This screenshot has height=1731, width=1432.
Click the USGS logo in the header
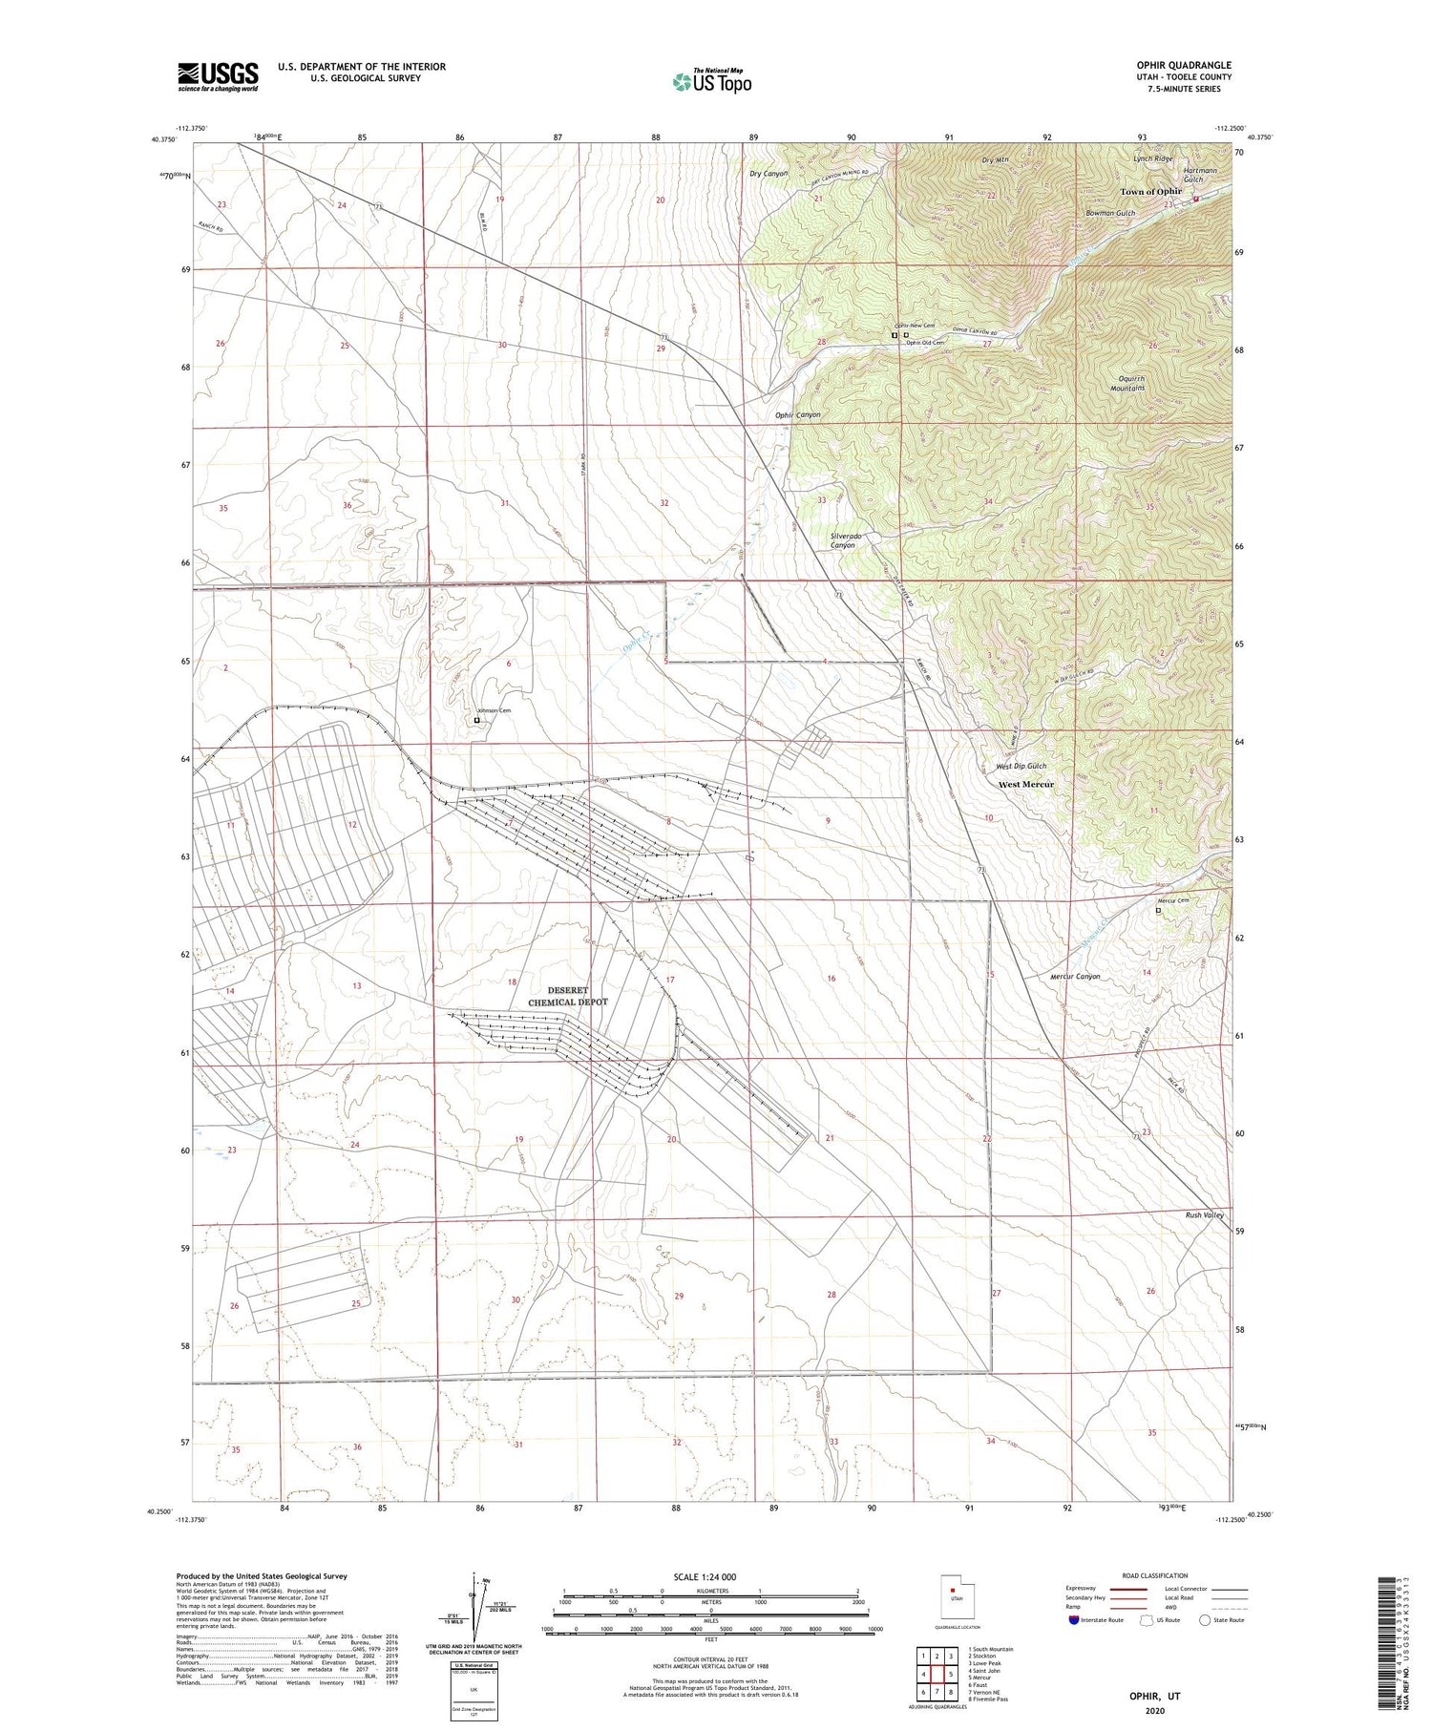point(218,76)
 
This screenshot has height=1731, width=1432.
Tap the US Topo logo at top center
point(711,82)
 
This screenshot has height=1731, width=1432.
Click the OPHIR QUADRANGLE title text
point(1178,65)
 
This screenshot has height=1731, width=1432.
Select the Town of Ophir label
point(1150,192)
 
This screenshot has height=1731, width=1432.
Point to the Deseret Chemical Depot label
point(568,996)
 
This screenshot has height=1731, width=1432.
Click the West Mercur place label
point(1026,784)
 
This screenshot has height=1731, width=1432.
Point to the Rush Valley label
point(1204,1215)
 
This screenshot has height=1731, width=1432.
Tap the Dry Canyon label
point(769,174)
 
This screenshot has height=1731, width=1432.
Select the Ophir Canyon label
point(797,415)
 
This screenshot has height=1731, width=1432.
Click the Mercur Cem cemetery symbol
point(1159,911)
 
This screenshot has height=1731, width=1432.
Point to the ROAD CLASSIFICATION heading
point(1155,1575)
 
